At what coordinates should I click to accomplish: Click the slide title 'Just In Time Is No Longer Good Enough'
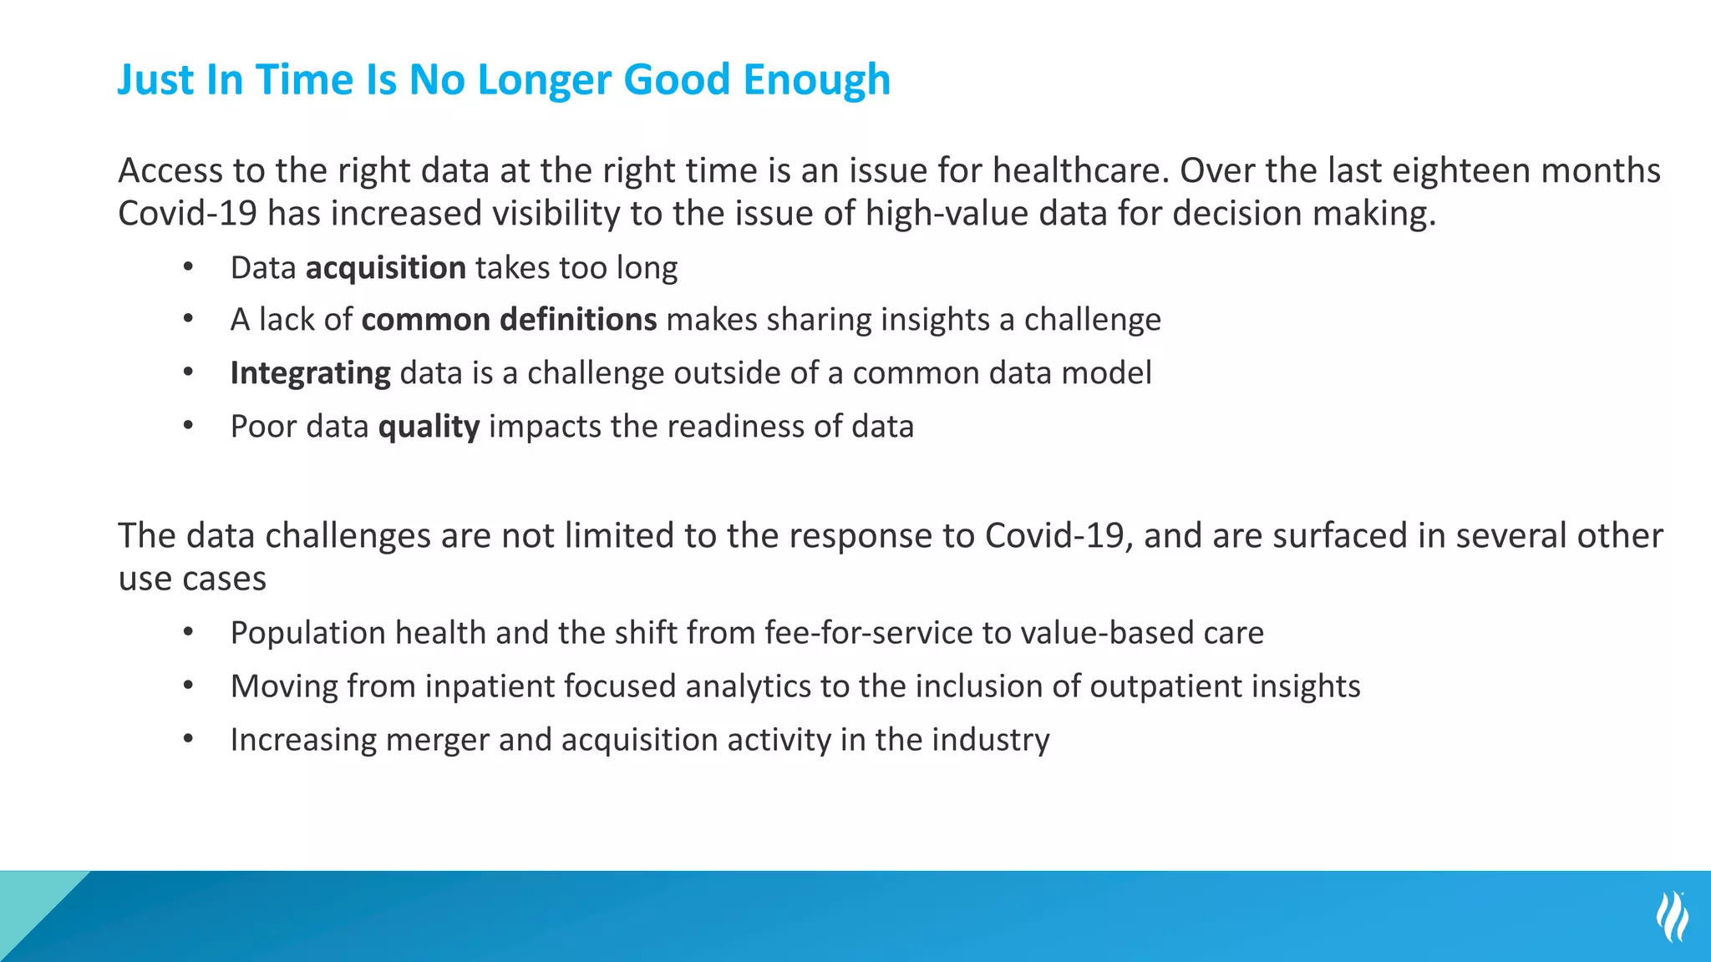coord(504,80)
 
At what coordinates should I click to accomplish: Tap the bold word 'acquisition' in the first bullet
coord(385,268)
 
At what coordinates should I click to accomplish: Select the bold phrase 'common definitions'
coord(509,320)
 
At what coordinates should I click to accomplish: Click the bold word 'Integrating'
coord(310,373)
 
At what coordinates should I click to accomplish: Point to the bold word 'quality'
coord(429,427)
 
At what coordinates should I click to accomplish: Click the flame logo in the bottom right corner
coord(1672,916)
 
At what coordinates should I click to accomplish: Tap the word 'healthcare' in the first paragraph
coord(1077,171)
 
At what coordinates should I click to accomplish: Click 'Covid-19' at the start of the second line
coord(187,214)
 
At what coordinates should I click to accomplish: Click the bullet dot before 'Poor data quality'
coord(189,426)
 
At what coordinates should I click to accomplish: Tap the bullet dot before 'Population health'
coord(189,632)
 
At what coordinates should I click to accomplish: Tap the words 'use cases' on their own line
coord(192,579)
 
